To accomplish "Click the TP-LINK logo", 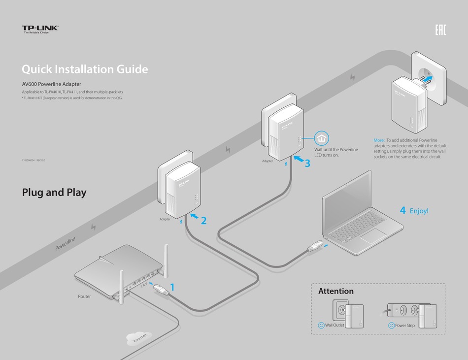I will (40, 29).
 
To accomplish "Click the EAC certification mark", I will (440, 30).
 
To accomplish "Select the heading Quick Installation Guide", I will (85, 69).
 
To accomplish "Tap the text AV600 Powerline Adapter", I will (52, 84).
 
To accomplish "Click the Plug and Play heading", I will (54, 193).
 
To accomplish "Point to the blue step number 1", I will (172, 287).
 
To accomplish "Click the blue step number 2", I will (203, 221).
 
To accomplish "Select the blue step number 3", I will (307, 164).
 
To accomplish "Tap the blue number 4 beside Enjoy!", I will (402, 211).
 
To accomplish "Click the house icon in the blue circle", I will (321, 138).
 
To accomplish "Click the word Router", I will (84, 296).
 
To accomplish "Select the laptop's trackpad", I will (373, 235).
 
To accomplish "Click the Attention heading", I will (335, 291).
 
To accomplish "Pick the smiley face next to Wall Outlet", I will (321, 325).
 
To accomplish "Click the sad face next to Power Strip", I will (391, 325).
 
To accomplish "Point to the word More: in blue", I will (379, 140).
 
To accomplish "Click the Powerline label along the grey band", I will (66, 243).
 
